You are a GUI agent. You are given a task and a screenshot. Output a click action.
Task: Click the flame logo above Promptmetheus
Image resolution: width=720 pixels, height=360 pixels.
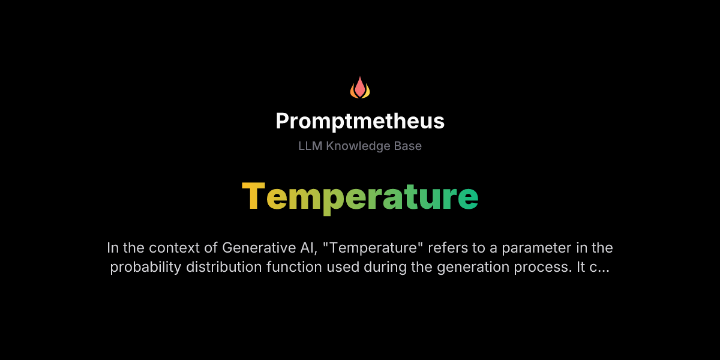click(x=360, y=88)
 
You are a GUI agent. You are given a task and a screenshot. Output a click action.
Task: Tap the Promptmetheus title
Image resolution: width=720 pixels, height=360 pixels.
click(x=360, y=121)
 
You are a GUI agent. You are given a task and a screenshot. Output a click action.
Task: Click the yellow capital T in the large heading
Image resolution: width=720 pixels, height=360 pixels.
click(x=253, y=196)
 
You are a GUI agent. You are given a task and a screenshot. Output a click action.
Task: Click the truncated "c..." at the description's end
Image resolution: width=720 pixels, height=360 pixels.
click(x=601, y=267)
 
